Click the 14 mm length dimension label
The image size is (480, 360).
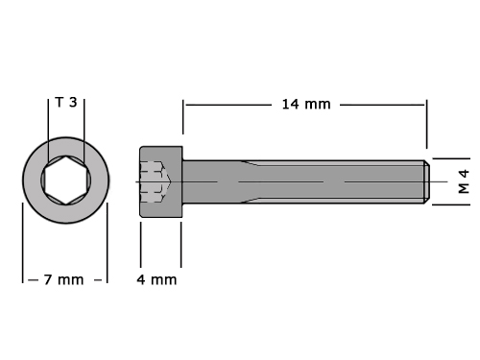[x=306, y=105]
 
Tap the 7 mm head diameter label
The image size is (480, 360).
[x=63, y=279]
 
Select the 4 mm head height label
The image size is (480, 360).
[x=156, y=279]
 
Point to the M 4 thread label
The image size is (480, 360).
[x=464, y=181]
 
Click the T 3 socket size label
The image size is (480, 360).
[x=66, y=103]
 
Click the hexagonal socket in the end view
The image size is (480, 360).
[x=65, y=180]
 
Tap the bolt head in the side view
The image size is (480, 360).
[x=161, y=181]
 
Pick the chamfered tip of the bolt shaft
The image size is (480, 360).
[x=427, y=181]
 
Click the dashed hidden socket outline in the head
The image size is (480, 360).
[x=156, y=181]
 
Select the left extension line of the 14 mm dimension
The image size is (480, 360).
[x=183, y=117]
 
